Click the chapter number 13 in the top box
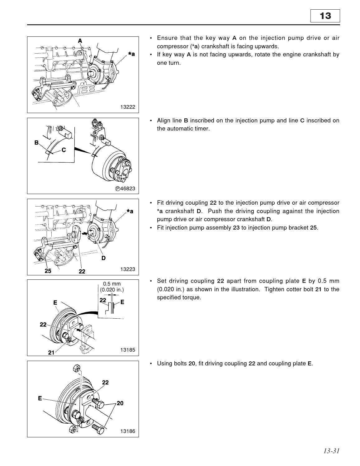click(x=325, y=16)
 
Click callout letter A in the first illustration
click(x=80, y=41)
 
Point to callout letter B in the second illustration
click(x=36, y=143)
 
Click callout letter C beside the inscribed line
click(x=64, y=150)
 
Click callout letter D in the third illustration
click(x=103, y=258)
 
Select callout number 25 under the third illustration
click(x=48, y=271)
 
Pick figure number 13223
click(x=128, y=269)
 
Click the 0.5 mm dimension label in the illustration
click(x=112, y=284)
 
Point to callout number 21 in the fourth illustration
click(x=51, y=353)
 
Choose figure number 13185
click(x=128, y=350)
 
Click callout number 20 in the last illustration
click(x=120, y=403)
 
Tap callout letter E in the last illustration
click(x=40, y=398)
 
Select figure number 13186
click(x=128, y=431)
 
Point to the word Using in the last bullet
click(x=164, y=364)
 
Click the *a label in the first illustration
click(x=131, y=54)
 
